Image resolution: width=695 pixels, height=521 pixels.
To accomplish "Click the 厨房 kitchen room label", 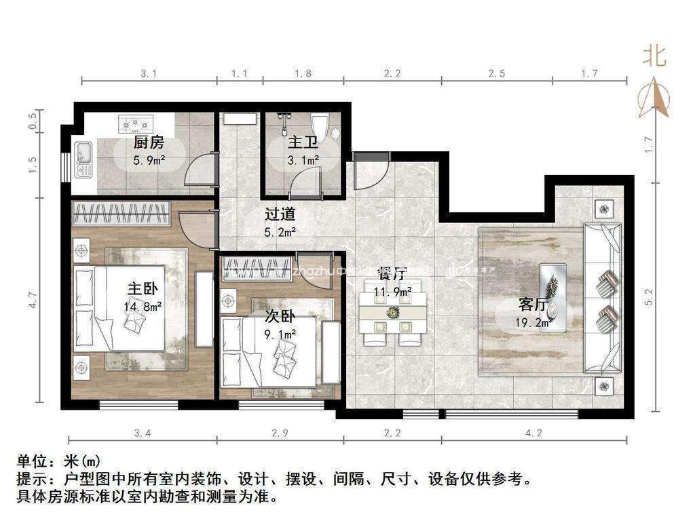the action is [149, 142].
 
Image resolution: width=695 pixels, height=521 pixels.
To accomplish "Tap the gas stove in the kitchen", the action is [136, 123].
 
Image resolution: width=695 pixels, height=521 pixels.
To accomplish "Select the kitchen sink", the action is [82, 159].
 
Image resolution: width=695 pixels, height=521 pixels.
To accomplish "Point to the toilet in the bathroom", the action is [320, 126].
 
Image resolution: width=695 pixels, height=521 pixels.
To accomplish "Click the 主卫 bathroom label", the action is [303, 142].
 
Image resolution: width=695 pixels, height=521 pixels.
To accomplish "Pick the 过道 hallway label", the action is [280, 214].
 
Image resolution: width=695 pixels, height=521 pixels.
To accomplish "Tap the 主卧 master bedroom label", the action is [143, 289].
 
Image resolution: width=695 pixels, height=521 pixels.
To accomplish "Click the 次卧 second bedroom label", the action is [280, 317].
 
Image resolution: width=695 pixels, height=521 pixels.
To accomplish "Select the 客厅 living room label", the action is [533, 305].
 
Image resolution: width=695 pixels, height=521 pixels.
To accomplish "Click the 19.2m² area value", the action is [533, 322].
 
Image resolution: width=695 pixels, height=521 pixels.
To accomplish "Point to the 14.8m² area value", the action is [143, 306].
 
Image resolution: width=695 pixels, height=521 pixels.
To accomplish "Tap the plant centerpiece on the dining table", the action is [392, 312].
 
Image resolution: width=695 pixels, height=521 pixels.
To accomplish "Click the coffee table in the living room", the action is [552, 297].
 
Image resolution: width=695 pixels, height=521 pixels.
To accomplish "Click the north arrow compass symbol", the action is [654, 98].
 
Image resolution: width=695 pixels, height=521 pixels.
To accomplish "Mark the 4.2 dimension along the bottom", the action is [533, 433].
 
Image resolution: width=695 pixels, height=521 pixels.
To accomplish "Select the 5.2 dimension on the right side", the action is [650, 297].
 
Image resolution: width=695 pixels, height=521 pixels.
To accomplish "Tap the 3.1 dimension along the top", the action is [149, 73].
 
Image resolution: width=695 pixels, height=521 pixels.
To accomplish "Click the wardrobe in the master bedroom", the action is [121, 213].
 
